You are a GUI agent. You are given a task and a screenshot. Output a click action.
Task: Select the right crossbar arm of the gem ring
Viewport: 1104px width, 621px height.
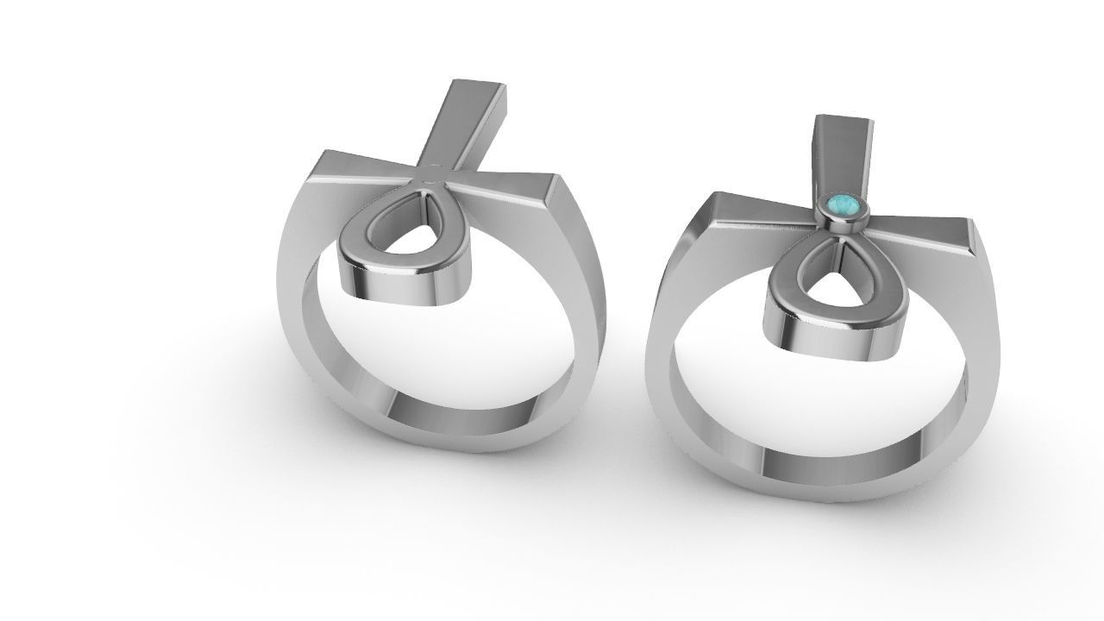923,229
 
